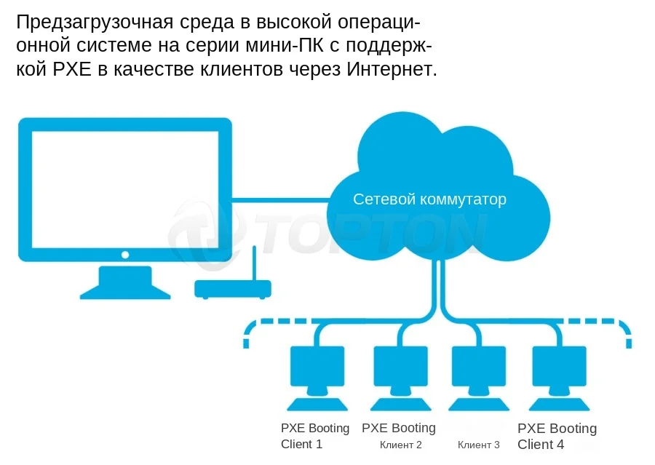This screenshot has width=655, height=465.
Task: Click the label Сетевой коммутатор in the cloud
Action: click(x=429, y=199)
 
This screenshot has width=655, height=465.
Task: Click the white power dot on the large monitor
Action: click(x=125, y=255)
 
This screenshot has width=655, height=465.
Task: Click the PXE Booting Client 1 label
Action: click(x=315, y=436)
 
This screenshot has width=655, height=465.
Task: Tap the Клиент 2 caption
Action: click(x=400, y=445)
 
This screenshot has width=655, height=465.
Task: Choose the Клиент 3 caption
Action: click(x=478, y=445)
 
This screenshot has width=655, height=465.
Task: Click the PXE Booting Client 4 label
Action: click(x=557, y=436)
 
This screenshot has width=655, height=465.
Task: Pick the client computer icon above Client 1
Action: click(x=317, y=371)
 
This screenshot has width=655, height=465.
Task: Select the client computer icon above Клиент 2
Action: click(x=400, y=371)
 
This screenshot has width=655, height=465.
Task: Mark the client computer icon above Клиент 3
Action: click(x=478, y=371)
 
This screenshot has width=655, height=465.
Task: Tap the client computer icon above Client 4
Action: click(x=559, y=371)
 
